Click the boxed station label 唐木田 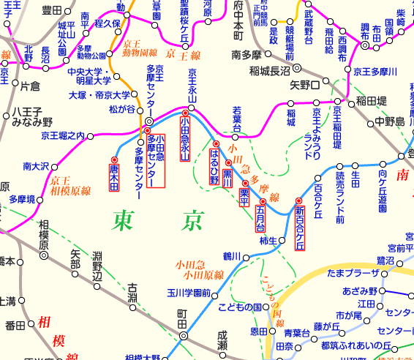113,177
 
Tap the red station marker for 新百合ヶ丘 298,200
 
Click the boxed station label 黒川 227,176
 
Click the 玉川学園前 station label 188,293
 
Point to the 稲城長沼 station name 269,71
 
